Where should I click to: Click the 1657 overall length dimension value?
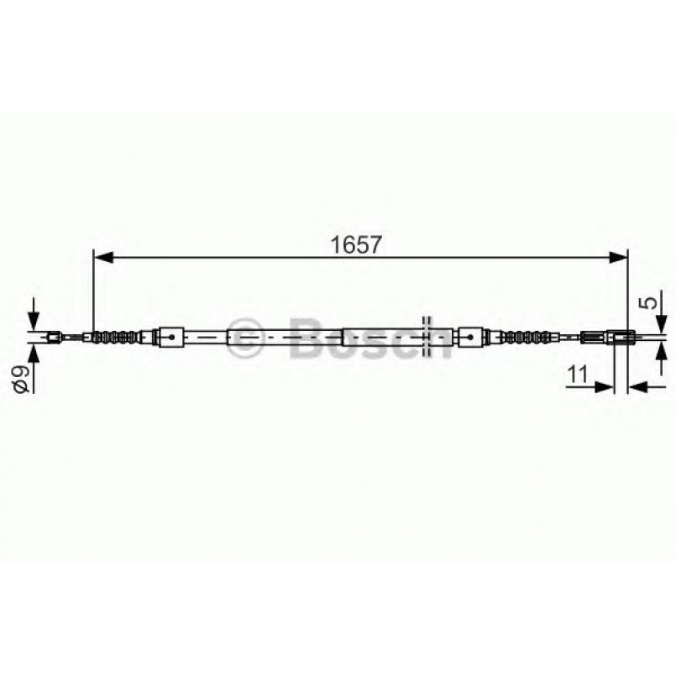(356, 245)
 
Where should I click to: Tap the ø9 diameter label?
(22, 379)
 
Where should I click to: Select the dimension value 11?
(577, 375)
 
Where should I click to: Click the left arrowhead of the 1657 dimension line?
(103, 258)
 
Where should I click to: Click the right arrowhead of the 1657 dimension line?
(618, 258)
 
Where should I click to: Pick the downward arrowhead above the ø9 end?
(34, 321)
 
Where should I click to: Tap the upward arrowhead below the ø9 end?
(34, 354)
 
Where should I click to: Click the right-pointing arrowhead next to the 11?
(604, 387)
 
